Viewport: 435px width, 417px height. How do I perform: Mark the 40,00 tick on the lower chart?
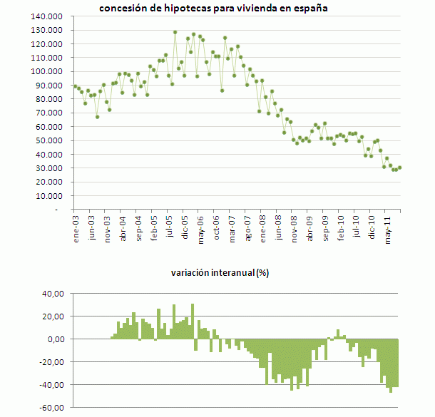tap(54, 294)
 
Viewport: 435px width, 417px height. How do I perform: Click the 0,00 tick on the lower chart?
tap(56, 339)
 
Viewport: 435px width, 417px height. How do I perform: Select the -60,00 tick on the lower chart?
tap(53, 408)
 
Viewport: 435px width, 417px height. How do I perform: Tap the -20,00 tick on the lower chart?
tap(53, 362)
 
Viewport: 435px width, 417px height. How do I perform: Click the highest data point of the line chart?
tap(175, 32)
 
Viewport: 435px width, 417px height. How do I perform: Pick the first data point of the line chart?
tap(75, 86)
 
